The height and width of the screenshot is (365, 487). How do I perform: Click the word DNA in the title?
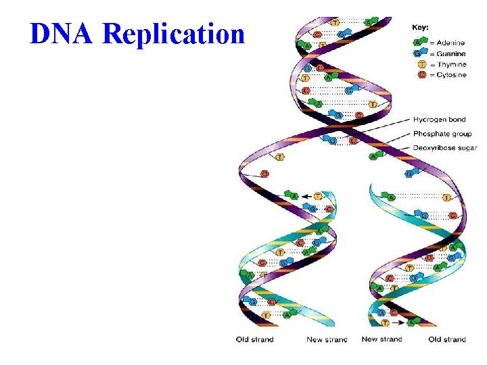[x=60, y=33]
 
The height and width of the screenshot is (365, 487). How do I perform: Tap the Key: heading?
[x=421, y=28]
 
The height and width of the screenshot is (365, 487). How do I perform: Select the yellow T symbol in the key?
[x=421, y=64]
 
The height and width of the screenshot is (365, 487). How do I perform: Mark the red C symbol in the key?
[x=421, y=75]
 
